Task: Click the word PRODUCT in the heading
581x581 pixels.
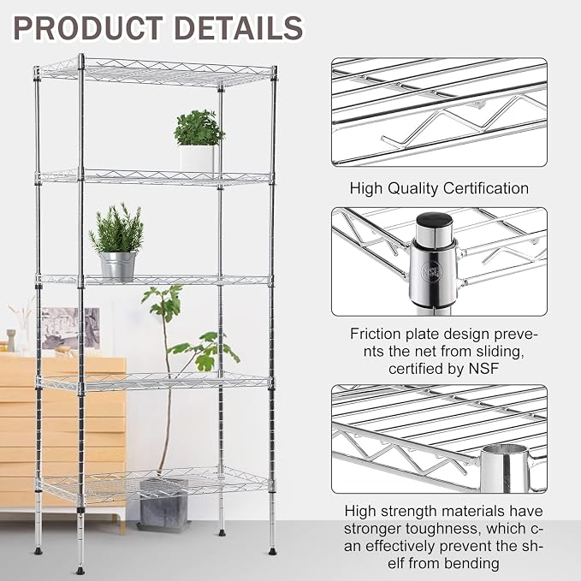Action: [88, 28]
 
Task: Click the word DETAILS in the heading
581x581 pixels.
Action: [239, 28]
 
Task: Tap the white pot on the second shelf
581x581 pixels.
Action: [197, 158]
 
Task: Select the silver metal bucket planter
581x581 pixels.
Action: [118, 266]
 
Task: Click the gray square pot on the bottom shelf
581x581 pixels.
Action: [163, 503]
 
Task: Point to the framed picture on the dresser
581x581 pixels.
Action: [70, 329]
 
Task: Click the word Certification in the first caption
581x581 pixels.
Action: [486, 188]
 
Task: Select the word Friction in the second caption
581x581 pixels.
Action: [375, 334]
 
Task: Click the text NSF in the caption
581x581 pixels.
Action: [483, 369]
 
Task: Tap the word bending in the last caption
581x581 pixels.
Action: [471, 564]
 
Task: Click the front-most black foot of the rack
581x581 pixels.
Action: [80, 570]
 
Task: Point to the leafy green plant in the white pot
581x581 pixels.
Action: [199, 127]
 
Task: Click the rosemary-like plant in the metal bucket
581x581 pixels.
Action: [117, 228]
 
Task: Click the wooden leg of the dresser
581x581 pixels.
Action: [122, 523]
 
